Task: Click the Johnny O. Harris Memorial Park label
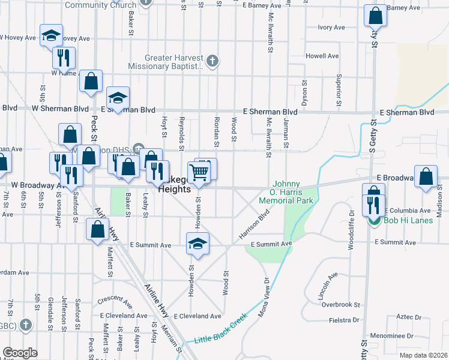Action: [286, 192]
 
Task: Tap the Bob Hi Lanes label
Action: [400, 221]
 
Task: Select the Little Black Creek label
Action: [220, 329]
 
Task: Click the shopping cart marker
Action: [199, 173]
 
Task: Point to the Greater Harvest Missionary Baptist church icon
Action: [212, 61]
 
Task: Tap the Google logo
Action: [20, 353]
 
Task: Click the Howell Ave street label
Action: [322, 56]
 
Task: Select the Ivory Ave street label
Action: [331, 28]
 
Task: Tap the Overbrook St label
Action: [340, 304]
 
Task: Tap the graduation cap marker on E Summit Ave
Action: [197, 244]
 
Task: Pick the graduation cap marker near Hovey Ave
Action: [51, 35]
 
